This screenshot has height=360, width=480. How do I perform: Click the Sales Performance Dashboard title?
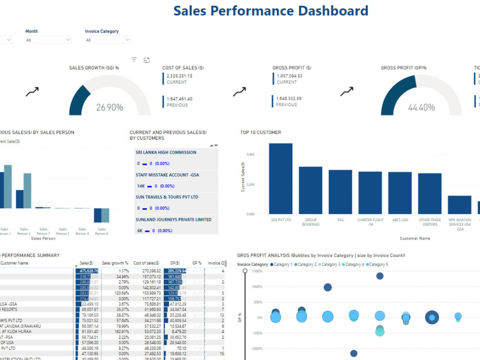271,11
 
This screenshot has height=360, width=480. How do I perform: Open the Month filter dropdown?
48,40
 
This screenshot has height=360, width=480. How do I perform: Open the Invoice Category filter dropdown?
108,40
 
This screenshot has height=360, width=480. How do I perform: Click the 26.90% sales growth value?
109,108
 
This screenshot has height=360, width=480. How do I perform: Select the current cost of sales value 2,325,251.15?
180,76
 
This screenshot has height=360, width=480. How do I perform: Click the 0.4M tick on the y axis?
251,155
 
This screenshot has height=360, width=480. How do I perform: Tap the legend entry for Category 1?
282,264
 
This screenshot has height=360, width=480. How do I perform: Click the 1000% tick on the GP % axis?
256,287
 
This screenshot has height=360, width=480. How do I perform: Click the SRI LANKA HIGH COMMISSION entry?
166,153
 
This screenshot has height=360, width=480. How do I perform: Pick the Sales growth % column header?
115,263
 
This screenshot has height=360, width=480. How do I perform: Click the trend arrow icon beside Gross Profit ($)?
240,91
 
